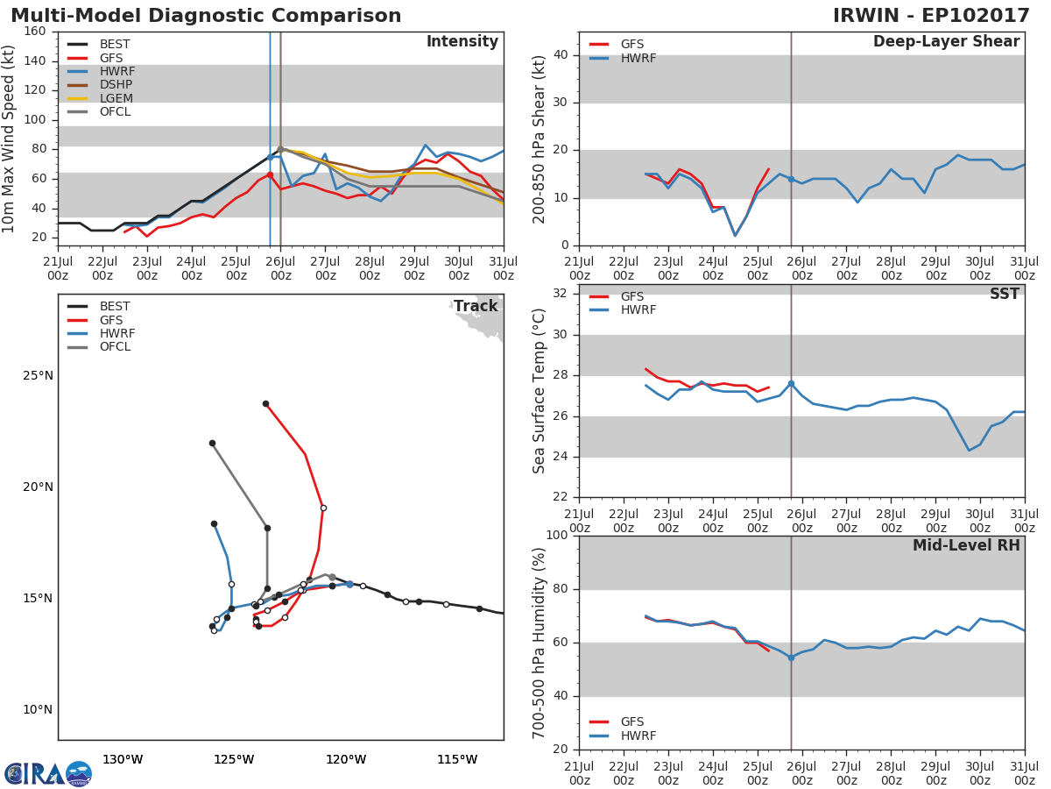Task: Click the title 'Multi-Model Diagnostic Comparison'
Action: point(206,16)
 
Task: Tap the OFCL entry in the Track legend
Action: point(115,346)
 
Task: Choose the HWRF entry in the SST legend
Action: point(638,309)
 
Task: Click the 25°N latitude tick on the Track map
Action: point(38,376)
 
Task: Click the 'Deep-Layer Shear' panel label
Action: point(946,42)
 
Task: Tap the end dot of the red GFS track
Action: point(265,404)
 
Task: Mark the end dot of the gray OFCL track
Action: point(212,443)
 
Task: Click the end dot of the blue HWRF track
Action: point(214,523)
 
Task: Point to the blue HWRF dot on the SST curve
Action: point(791,384)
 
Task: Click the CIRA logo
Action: point(48,773)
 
